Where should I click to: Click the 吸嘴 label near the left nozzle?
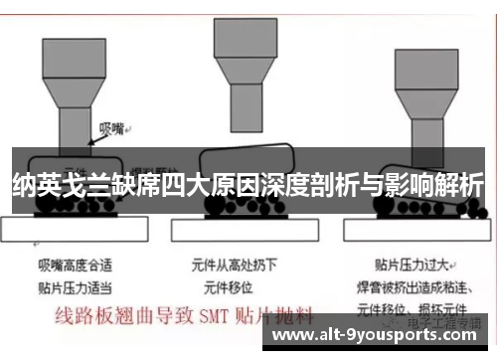[x=110, y=128]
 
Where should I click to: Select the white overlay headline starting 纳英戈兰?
[x=248, y=184]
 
